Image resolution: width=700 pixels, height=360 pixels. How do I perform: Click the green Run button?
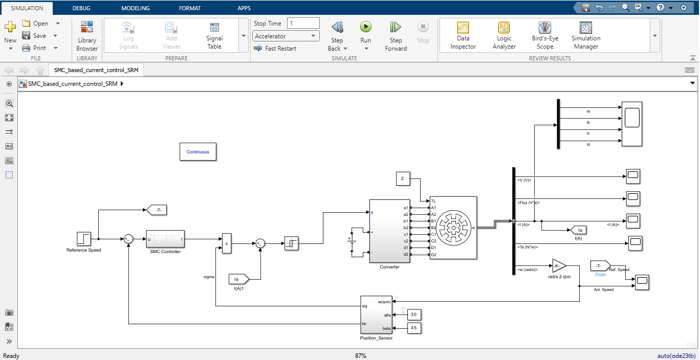click(365, 27)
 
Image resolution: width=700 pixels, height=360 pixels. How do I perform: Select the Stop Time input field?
click(303, 23)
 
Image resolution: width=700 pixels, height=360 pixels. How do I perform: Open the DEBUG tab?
click(81, 8)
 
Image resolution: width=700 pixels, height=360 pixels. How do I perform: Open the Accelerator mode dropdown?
click(286, 36)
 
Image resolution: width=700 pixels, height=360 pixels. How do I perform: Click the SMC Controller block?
click(165, 239)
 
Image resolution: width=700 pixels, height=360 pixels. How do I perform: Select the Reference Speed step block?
click(83, 239)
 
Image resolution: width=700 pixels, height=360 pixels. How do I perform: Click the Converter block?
click(389, 231)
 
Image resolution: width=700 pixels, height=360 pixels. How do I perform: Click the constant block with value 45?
click(414, 328)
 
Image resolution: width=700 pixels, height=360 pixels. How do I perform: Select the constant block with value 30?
click(414, 314)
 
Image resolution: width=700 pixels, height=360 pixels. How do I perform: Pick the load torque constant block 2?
click(403, 178)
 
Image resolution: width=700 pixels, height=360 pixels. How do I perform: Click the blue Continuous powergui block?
click(198, 152)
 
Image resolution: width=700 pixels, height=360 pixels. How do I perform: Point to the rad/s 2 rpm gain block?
click(558, 266)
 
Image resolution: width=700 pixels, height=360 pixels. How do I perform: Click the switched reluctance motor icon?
click(453, 228)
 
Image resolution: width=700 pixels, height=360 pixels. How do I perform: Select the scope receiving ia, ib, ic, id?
click(631, 124)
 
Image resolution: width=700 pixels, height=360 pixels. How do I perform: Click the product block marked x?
click(226, 243)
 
